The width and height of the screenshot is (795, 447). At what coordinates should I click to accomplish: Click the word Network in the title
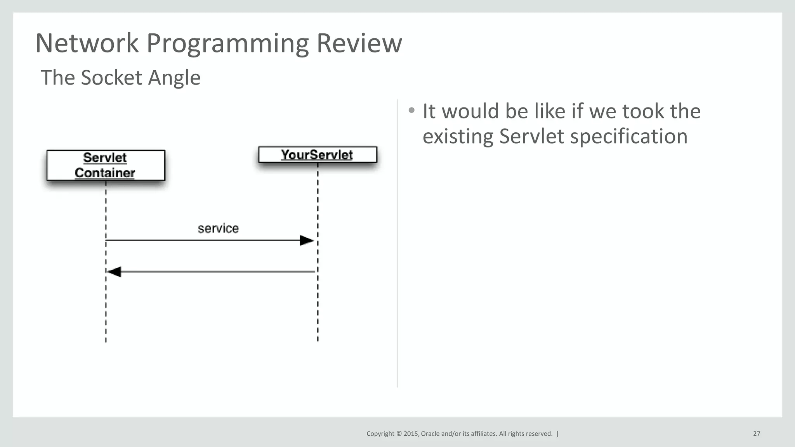pos(87,43)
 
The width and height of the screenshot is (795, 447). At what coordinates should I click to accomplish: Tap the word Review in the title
pos(359,43)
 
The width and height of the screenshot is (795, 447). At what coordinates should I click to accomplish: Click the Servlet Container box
pos(106,165)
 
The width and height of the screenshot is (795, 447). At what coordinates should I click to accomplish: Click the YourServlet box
pos(317,155)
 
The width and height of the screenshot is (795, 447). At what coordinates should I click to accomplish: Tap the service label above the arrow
pos(218,228)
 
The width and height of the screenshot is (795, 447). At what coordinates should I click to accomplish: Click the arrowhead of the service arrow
pos(307,241)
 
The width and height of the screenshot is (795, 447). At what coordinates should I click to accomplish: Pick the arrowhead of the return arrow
pos(114,272)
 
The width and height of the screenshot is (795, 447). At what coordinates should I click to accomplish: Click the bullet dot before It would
pos(411,111)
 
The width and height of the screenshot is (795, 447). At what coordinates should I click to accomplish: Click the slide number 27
pos(757,434)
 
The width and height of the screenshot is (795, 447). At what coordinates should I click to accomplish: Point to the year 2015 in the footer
pos(411,434)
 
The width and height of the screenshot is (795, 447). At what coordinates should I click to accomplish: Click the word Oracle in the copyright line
pos(430,434)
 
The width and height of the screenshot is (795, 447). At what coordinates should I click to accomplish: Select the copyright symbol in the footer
pos(399,434)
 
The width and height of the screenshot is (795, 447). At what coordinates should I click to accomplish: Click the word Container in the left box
pos(105,173)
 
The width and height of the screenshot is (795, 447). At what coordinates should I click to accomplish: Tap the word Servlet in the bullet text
pos(531,137)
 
